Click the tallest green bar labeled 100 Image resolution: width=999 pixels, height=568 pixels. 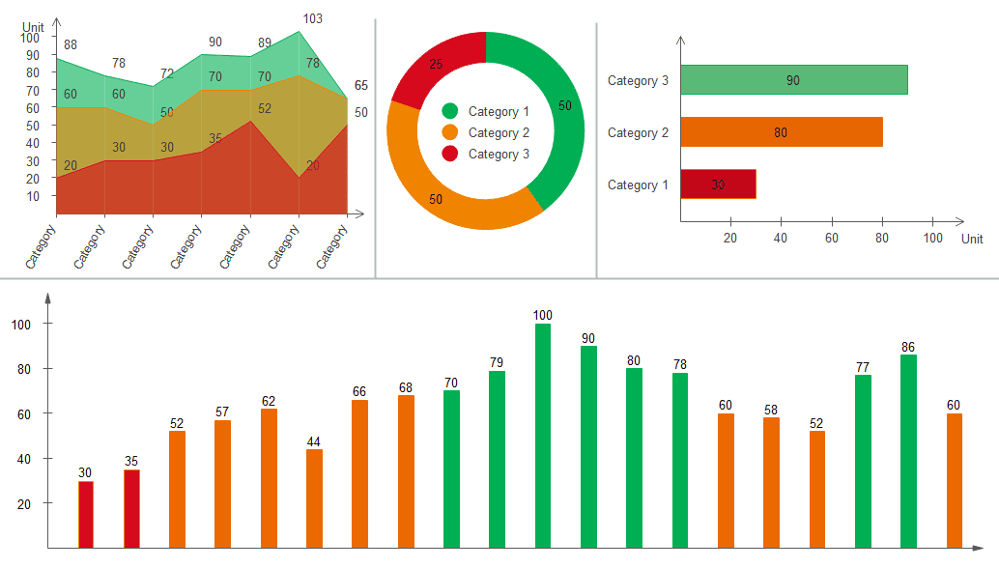(543, 435)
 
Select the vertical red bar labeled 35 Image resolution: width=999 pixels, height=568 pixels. (131, 508)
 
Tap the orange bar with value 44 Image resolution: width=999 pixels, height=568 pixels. (314, 497)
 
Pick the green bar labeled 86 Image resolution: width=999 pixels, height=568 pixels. (908, 450)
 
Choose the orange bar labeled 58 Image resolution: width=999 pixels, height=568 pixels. (771, 481)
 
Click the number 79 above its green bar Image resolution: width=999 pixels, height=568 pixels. (497, 363)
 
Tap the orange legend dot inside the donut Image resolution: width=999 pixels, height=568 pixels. (450, 133)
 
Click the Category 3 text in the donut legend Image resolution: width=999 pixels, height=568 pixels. (499, 155)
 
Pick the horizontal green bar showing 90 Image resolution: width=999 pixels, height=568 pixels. (793, 80)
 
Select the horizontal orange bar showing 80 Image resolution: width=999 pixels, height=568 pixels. (781, 132)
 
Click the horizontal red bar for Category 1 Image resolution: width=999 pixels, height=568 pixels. (718, 185)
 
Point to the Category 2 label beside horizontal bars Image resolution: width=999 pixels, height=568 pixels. (638, 132)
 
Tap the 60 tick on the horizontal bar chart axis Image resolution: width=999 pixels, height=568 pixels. (831, 238)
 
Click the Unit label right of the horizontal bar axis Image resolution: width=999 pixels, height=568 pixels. (972, 239)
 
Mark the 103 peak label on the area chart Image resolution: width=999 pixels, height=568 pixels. (313, 18)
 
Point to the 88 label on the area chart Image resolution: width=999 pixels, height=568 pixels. (71, 44)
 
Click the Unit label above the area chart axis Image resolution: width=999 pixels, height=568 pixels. (34, 27)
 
